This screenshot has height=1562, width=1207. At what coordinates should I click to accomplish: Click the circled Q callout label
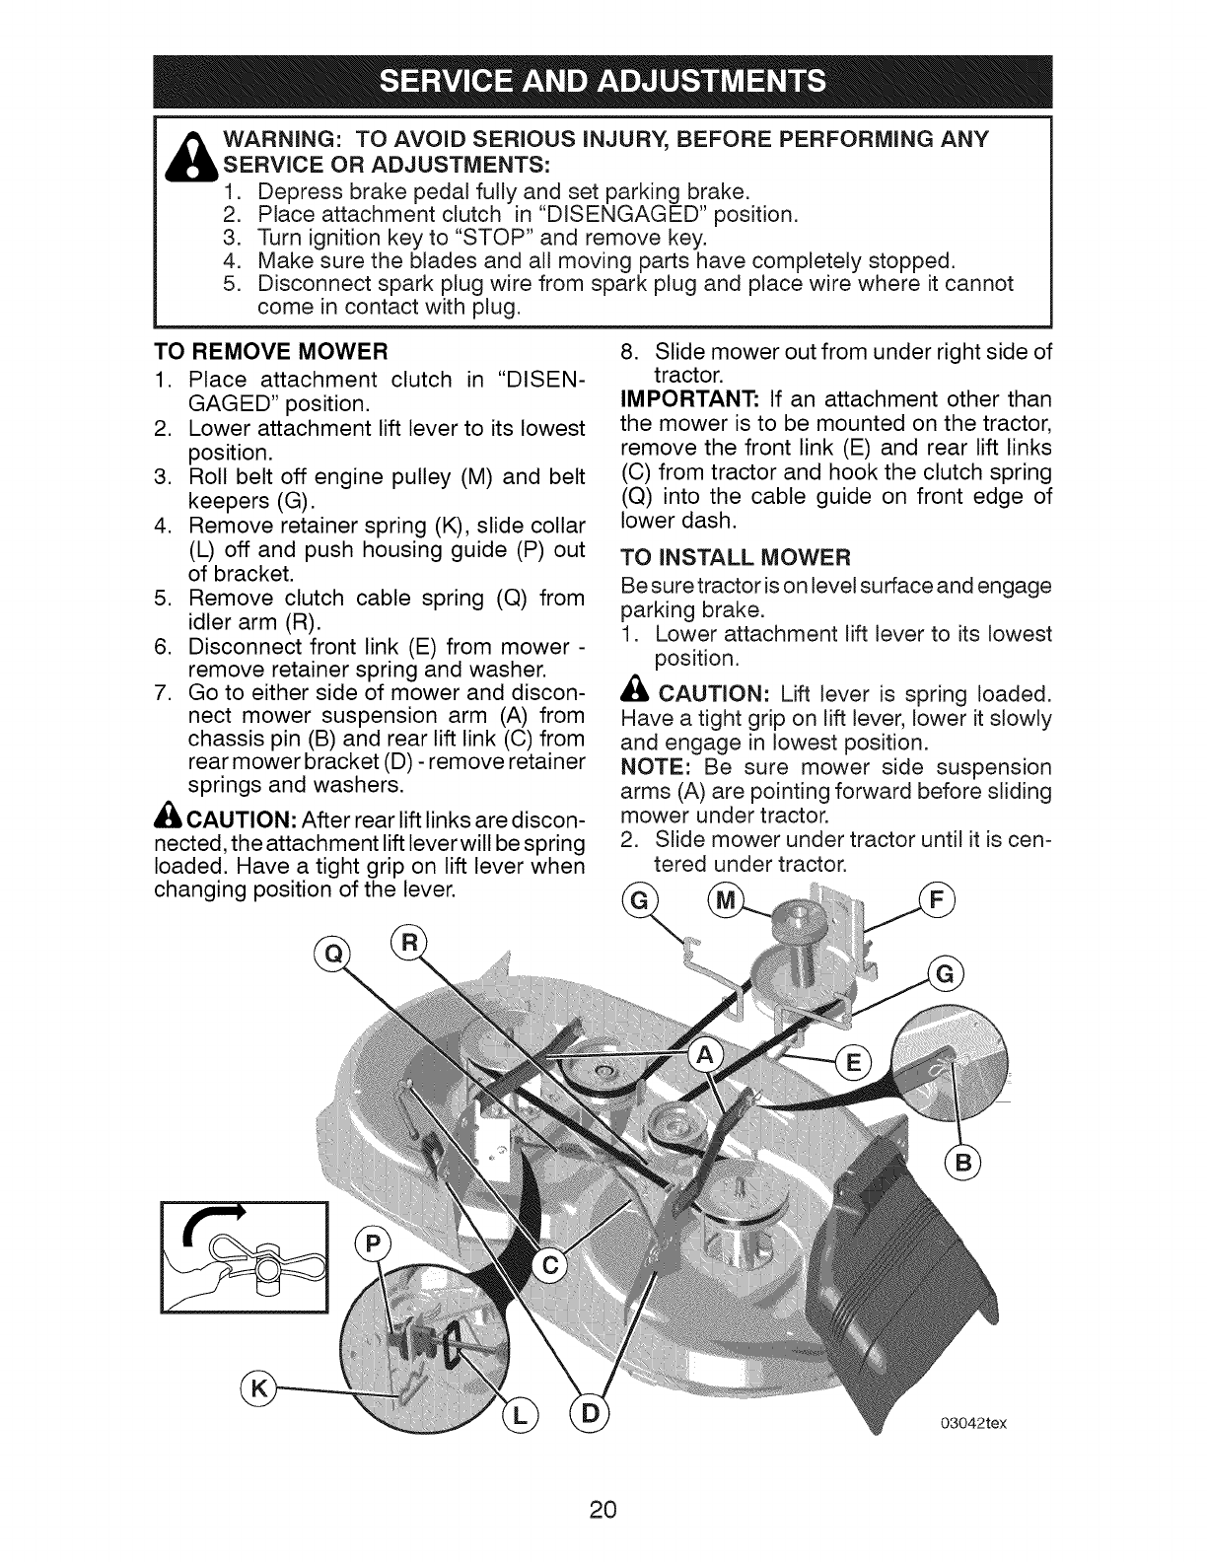(x=326, y=954)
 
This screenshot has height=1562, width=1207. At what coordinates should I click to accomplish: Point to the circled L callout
(x=519, y=1417)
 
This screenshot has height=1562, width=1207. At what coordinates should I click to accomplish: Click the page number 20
(x=603, y=1510)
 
